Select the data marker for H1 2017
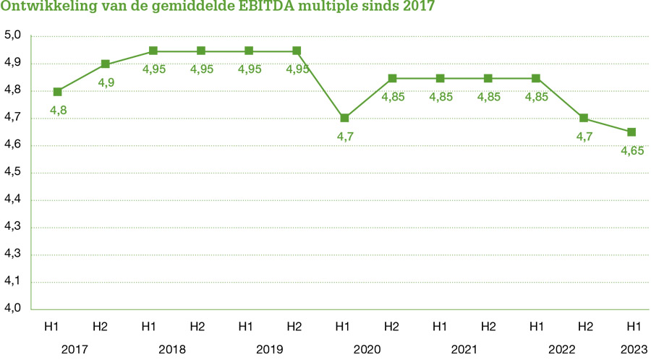(x=58, y=92)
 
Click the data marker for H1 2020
(x=344, y=118)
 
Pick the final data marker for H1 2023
(x=631, y=132)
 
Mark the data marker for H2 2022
(x=584, y=118)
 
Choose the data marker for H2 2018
(x=201, y=51)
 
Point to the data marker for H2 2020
(x=392, y=78)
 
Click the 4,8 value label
(x=58, y=110)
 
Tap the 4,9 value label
(x=106, y=83)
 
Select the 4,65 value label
(x=632, y=150)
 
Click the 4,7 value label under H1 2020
(x=344, y=137)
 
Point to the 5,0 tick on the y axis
(x=13, y=35)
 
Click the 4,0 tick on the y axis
(x=13, y=309)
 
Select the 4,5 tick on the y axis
(x=13, y=173)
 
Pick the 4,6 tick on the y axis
(x=13, y=145)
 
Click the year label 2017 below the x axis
(x=75, y=349)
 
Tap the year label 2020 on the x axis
(x=367, y=349)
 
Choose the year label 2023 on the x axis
(x=633, y=349)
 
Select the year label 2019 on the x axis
(x=270, y=349)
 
